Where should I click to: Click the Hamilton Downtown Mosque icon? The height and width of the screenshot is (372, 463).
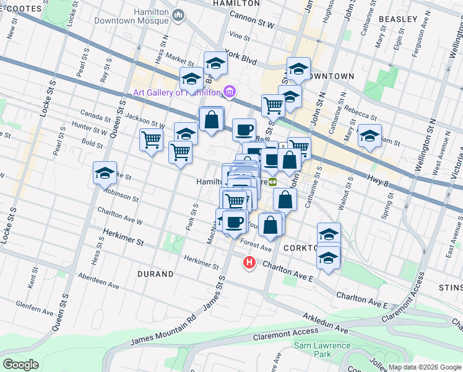(179, 14)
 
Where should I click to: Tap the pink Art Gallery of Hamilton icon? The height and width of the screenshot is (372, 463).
(230, 92)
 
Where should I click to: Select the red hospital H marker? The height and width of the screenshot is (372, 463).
(249, 263)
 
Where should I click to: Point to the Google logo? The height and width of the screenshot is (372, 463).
(20, 364)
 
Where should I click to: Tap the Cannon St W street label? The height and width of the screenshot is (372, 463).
(251, 21)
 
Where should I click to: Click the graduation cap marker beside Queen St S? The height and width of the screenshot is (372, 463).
(105, 174)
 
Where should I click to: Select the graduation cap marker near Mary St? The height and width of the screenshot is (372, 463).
(370, 136)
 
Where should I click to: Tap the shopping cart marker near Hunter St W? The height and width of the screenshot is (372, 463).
(151, 141)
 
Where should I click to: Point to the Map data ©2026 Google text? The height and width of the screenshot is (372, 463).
(424, 366)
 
